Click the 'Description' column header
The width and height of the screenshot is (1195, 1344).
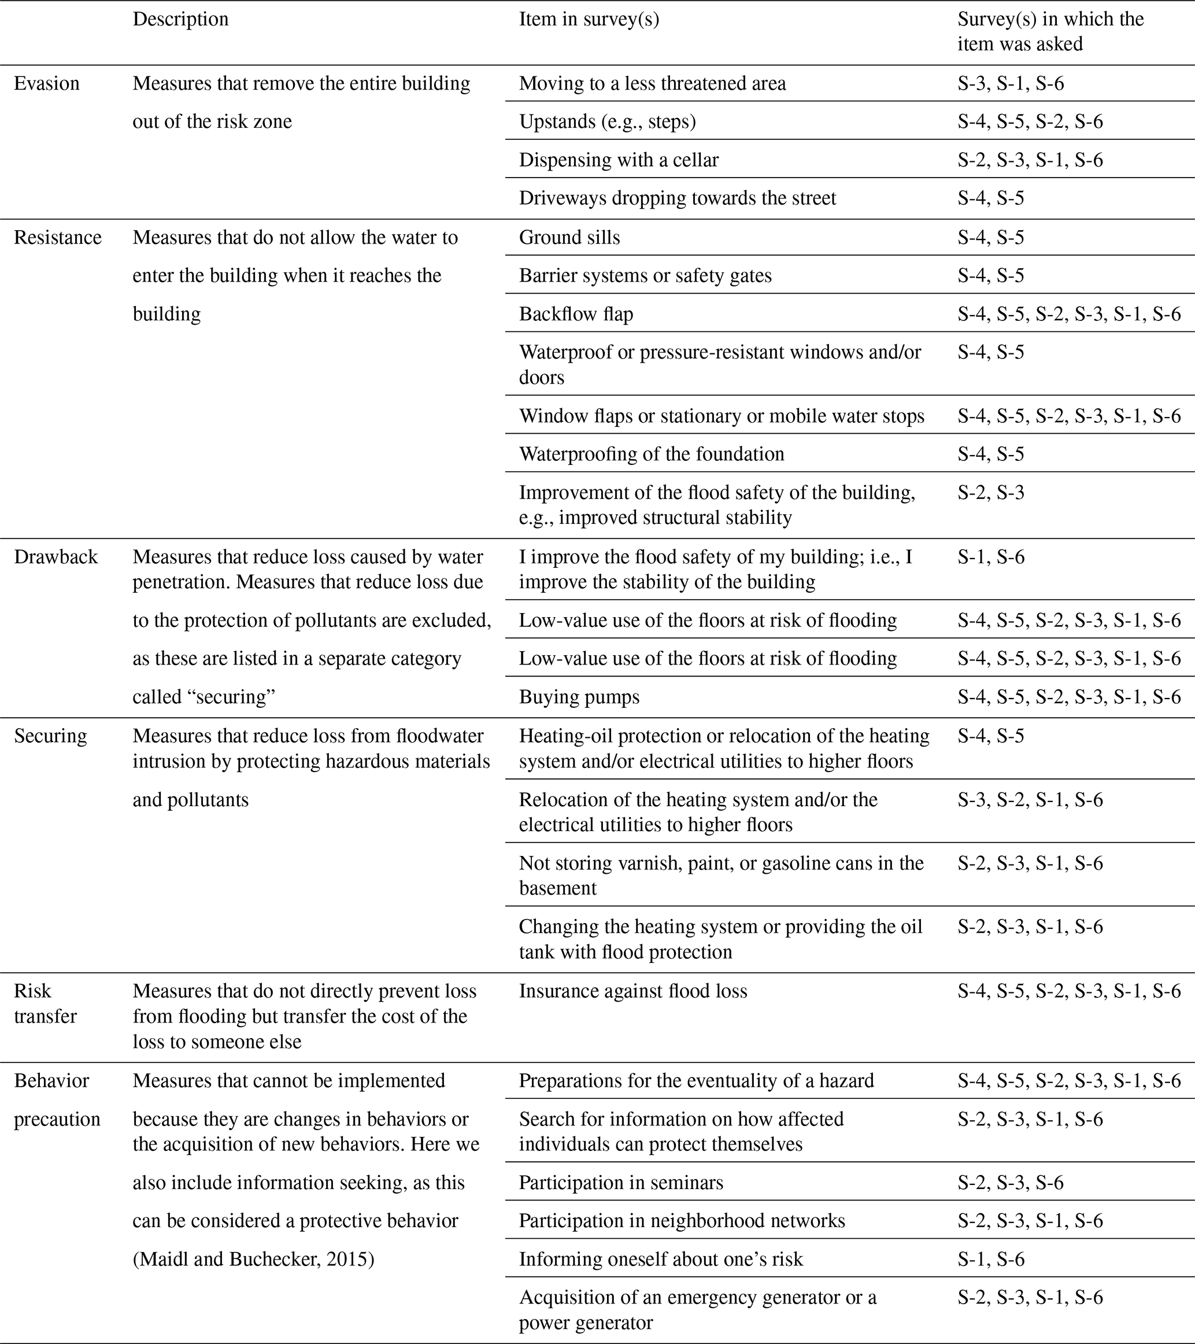(181, 19)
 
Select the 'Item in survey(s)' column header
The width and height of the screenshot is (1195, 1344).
(589, 19)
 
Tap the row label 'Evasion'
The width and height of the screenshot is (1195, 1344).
(47, 83)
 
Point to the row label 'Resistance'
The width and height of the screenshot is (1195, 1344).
(58, 237)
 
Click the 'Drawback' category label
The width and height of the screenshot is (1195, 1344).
(56, 557)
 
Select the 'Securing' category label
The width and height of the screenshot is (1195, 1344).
(51, 736)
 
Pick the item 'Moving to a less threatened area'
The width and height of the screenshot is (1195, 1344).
(652, 83)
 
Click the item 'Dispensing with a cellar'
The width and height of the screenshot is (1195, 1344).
(619, 160)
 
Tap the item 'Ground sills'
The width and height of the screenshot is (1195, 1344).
(569, 237)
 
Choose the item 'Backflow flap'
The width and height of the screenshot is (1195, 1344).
(576, 313)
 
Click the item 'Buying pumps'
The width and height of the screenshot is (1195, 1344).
(579, 697)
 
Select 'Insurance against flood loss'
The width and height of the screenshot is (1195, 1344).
(633, 991)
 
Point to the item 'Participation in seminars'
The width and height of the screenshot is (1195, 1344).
(620, 1182)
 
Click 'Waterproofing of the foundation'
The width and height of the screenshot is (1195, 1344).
(652, 454)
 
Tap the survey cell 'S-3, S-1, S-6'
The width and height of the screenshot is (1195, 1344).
(1011, 83)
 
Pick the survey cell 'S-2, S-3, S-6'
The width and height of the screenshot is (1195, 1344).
(1011, 1182)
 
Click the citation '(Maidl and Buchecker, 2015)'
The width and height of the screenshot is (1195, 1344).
(253, 1258)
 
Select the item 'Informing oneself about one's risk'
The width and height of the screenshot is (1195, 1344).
(661, 1258)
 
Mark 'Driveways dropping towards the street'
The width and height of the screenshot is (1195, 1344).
(677, 198)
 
